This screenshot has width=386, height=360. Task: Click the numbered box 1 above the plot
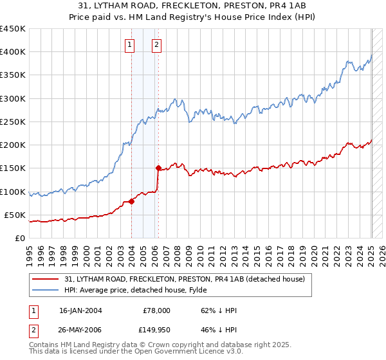tap(131, 45)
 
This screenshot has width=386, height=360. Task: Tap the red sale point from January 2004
tap(131, 201)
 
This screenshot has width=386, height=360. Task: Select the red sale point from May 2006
tap(158, 168)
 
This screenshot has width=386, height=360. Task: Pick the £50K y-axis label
tap(15, 215)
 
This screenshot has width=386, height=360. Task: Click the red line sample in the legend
tap(46, 279)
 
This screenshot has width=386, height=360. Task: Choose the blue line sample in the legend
tap(46, 290)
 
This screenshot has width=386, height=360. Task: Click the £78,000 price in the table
tap(156, 310)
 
